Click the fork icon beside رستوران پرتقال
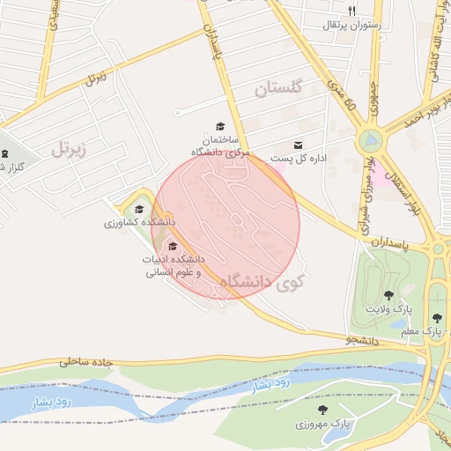tap(352, 11)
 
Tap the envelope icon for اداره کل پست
tap(298, 145)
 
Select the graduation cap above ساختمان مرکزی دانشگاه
tap(219, 127)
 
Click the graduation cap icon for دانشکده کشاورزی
tap(139, 210)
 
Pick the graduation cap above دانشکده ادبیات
tap(173, 247)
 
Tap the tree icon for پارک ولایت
tap(388, 295)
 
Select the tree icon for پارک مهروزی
tap(322, 410)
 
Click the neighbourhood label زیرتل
tap(70, 147)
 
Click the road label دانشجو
tap(361, 339)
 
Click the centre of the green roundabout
tap(371, 140)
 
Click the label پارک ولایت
tap(390, 310)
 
